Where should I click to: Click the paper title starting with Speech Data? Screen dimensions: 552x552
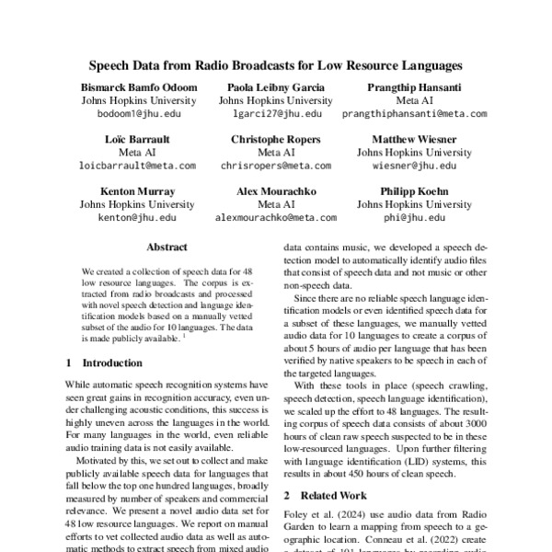coord(275,66)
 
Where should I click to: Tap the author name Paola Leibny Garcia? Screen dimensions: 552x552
coord(275,86)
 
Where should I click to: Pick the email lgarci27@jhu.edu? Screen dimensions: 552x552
coord(275,115)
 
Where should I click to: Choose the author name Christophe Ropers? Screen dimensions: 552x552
coord(275,138)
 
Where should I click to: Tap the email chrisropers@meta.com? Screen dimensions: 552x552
coord(275,167)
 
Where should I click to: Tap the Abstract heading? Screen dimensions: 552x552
coord(167,247)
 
